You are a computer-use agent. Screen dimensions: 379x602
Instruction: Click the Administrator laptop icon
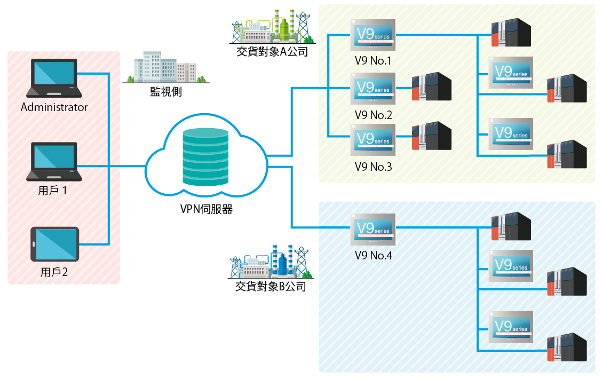54,78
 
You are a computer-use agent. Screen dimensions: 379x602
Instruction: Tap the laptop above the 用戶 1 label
54,161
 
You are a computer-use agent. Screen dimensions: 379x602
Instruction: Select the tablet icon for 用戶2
54,244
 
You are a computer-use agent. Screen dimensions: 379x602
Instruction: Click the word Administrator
54,107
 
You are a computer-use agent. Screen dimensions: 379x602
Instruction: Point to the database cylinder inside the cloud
205,157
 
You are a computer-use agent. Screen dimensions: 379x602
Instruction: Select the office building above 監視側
165,68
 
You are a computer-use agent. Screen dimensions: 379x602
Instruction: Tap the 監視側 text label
166,92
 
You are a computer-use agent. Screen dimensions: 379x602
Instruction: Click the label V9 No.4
373,255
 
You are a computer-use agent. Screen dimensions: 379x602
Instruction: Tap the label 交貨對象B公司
271,287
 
